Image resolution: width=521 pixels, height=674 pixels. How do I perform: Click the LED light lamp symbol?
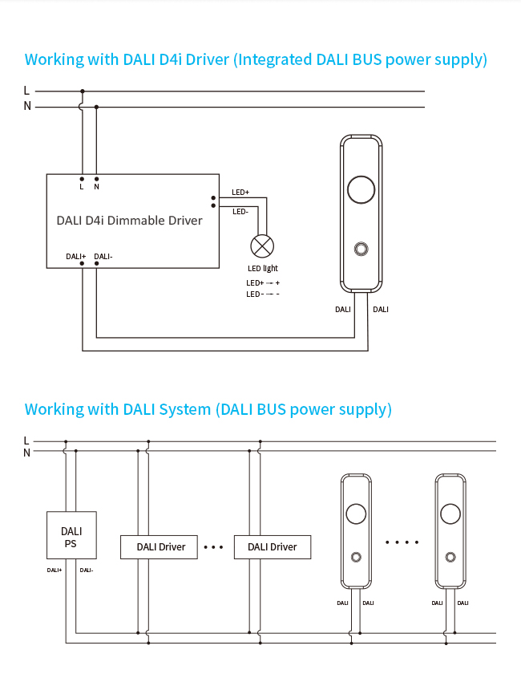pyautogui.click(x=262, y=246)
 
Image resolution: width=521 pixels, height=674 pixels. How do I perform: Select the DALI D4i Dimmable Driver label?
pyautogui.click(x=130, y=220)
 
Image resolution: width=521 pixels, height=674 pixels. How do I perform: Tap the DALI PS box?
pyautogui.click(x=71, y=536)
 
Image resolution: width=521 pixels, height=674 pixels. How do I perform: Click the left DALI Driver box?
pyautogui.click(x=160, y=547)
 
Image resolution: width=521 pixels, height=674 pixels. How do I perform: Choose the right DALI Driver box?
pyautogui.click(x=272, y=547)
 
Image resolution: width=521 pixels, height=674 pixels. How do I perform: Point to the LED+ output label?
pyautogui.click(x=240, y=193)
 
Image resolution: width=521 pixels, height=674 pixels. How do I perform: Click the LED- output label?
pyautogui.click(x=240, y=212)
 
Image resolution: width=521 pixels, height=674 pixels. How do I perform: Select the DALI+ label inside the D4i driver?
pyautogui.click(x=76, y=257)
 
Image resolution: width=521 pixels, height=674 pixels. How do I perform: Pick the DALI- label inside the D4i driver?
pyautogui.click(x=103, y=257)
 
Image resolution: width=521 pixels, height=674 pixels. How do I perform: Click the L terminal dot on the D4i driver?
pyautogui.click(x=82, y=179)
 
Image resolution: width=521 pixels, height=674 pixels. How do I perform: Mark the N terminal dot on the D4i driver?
pyautogui.click(x=97, y=179)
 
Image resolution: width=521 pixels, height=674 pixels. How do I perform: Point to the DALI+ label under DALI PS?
pyautogui.click(x=55, y=570)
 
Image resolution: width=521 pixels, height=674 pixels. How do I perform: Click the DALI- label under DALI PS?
pyautogui.click(x=87, y=570)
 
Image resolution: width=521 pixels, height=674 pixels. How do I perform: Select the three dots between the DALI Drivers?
pyautogui.click(x=214, y=547)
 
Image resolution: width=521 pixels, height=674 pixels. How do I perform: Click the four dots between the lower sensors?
pyautogui.click(x=402, y=542)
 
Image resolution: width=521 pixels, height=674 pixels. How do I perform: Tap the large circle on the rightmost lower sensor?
pyautogui.click(x=450, y=514)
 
